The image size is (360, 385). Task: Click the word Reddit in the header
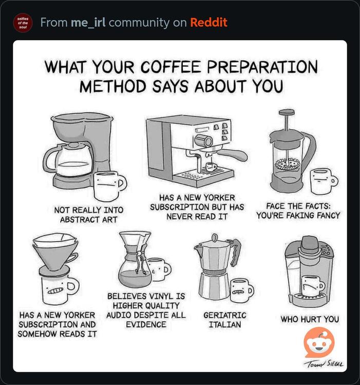click(x=209, y=23)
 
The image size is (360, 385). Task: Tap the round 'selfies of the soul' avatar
click(x=23, y=23)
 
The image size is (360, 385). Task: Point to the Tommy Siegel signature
click(x=324, y=364)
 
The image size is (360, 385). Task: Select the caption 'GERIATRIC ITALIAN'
click(x=225, y=320)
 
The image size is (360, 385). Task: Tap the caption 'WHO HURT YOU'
click(x=310, y=319)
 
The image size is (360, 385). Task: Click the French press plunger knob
click(x=287, y=112)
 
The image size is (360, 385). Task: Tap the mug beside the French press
click(x=324, y=181)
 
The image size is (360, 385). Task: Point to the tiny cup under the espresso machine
click(x=211, y=167)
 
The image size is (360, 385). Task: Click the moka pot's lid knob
click(x=214, y=237)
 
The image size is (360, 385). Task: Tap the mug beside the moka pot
click(x=241, y=290)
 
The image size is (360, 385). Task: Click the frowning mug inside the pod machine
click(x=312, y=285)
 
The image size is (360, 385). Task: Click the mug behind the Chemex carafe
click(x=160, y=269)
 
